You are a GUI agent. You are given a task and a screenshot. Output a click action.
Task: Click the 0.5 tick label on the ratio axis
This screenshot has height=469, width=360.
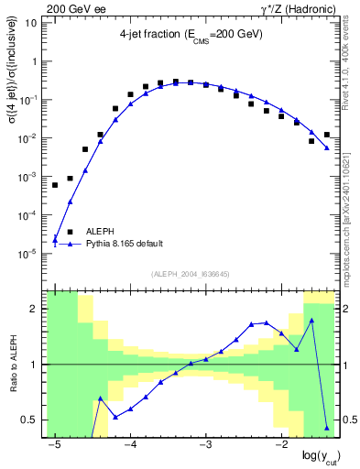pos(28,420)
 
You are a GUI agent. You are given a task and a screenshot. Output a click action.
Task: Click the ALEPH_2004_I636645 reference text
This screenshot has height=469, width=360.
pos(191,276)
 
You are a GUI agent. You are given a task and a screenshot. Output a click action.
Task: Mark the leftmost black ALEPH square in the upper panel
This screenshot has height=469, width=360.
pos(55,185)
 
